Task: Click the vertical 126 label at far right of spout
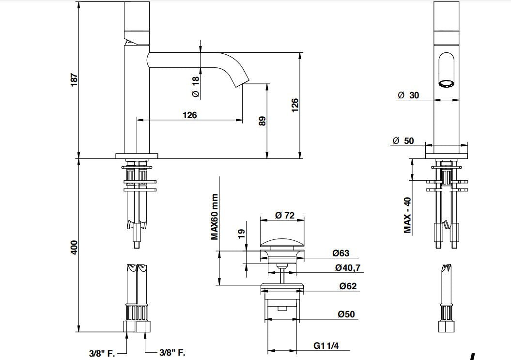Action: click(x=295, y=105)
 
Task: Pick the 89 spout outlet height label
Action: click(x=263, y=121)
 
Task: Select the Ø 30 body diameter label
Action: click(x=408, y=95)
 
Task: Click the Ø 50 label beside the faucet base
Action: click(x=403, y=141)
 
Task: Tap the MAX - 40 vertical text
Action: click(x=407, y=215)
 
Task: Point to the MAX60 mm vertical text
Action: click(x=214, y=217)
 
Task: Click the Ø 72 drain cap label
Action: click(x=285, y=215)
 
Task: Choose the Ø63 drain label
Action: click(x=341, y=253)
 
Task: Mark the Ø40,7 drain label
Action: click(x=347, y=267)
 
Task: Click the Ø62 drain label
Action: click(x=347, y=286)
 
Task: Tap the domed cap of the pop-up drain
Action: click(x=281, y=242)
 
